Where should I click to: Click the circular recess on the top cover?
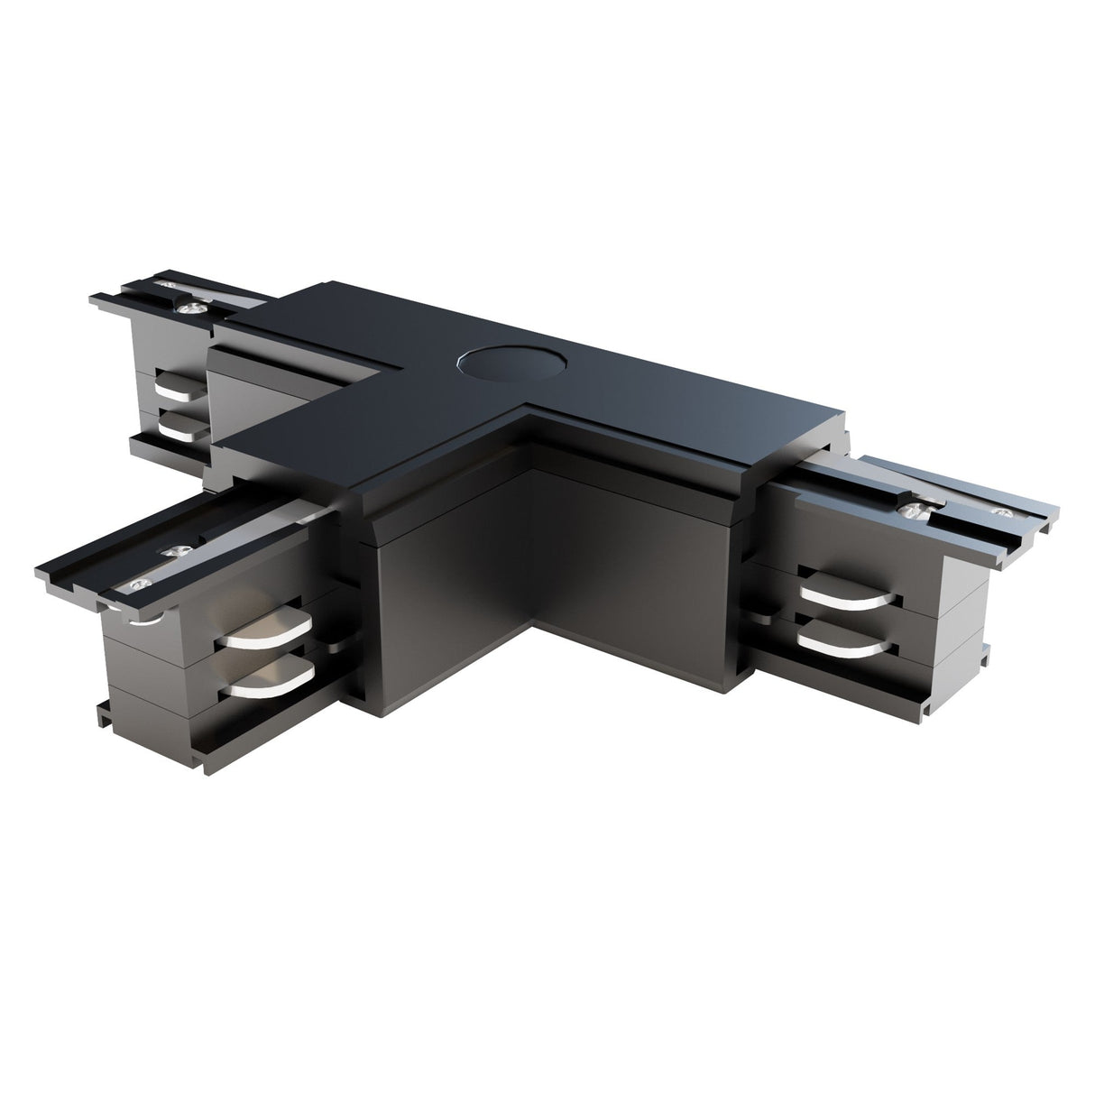[x=511, y=363]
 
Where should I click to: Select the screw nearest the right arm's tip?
[x=998, y=511]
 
